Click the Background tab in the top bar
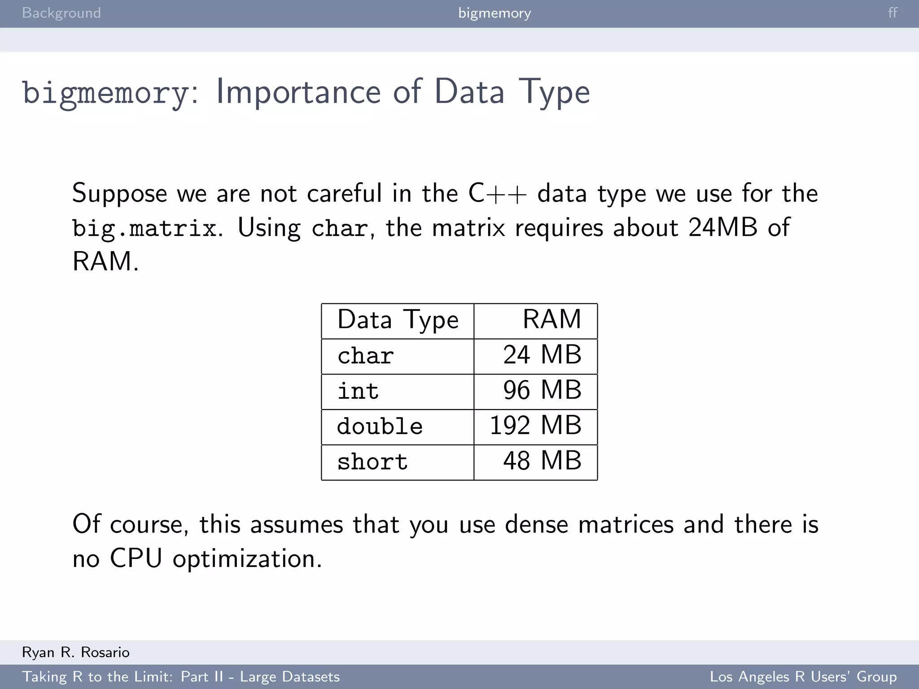click(61, 13)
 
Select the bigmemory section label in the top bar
click(495, 13)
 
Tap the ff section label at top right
click(893, 13)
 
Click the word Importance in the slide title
click(298, 92)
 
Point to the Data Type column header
click(398, 320)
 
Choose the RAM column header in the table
click(551, 320)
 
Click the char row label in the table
click(366, 356)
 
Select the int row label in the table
click(358, 391)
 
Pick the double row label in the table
click(380, 426)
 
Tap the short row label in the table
click(372, 462)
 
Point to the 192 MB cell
click(535, 426)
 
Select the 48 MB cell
click(542, 461)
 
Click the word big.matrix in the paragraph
click(145, 228)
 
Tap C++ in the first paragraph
click(497, 194)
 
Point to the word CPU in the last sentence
click(136, 559)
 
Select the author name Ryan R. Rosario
click(76, 652)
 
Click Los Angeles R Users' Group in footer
click(803, 676)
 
